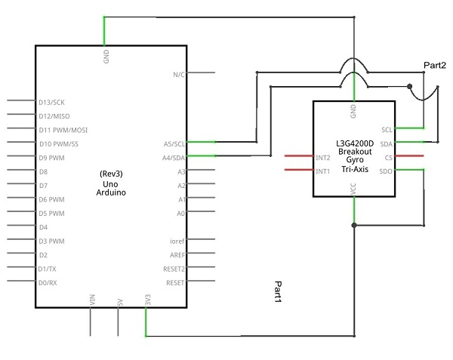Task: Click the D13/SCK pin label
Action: click(51, 103)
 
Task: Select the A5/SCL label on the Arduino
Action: click(174, 144)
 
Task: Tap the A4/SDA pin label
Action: click(174, 158)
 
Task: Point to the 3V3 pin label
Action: click(148, 300)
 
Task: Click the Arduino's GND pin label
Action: click(106, 57)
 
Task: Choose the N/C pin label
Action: click(179, 75)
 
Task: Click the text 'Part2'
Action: click(435, 65)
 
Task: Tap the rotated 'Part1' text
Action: click(278, 292)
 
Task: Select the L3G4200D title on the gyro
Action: click(355, 143)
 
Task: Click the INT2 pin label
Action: click(322, 158)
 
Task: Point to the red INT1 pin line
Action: click(299, 170)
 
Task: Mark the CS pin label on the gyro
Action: click(389, 158)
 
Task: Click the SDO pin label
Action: click(386, 171)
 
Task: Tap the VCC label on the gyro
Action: click(353, 189)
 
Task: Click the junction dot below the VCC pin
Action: click(354, 225)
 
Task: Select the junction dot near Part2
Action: click(409, 86)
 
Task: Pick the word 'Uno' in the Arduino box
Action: click(110, 184)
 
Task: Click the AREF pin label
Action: click(177, 255)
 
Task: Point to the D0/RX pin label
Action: click(48, 283)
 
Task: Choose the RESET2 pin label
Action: click(174, 269)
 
